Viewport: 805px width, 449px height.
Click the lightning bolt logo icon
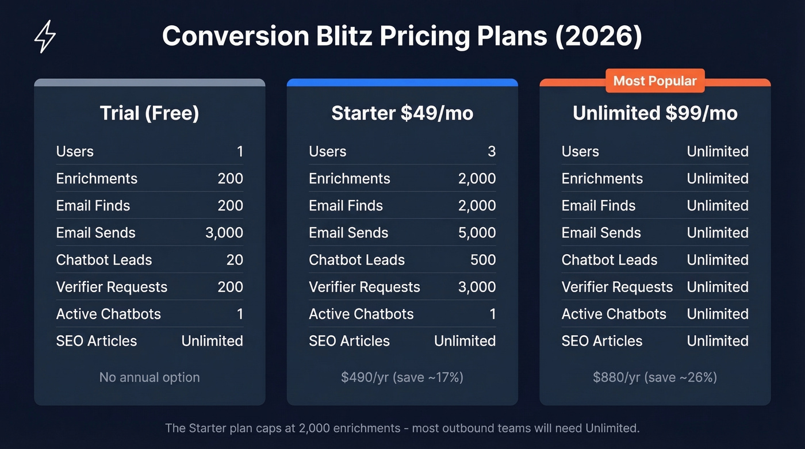point(45,36)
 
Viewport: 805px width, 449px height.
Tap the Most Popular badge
point(655,81)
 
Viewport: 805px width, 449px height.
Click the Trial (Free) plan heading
point(149,113)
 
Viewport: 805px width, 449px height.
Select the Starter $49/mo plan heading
point(402,113)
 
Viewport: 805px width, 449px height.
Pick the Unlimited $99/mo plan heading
point(655,113)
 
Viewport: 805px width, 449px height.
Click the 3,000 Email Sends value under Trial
point(224,233)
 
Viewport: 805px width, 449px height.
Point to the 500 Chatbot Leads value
point(483,260)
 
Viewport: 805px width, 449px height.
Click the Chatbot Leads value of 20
point(235,260)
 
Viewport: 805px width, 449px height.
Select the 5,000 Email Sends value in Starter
point(477,233)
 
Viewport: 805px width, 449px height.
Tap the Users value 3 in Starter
point(492,152)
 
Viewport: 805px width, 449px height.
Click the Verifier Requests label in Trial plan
point(112,287)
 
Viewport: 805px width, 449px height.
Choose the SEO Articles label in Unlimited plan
point(601,341)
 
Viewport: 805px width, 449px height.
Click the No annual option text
point(149,378)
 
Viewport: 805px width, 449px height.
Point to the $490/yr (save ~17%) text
point(402,378)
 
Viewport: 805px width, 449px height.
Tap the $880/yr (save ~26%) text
point(655,378)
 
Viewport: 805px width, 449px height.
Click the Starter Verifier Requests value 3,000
point(477,287)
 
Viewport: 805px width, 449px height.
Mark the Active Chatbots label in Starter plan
point(361,314)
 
